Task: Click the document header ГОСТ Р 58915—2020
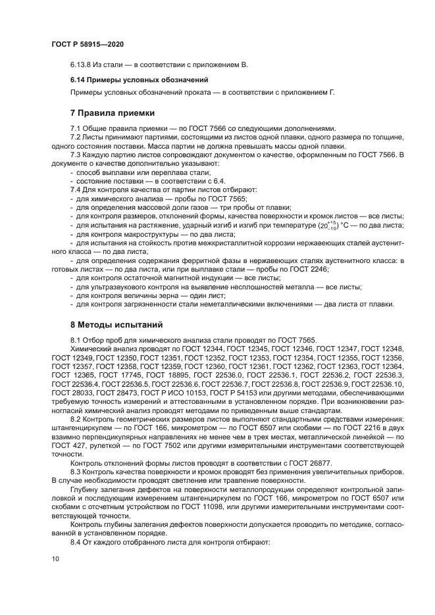tap(87, 44)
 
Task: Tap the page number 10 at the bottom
tap(55, 559)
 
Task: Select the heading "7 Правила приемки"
tap(112, 112)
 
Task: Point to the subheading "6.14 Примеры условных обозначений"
tap(139, 80)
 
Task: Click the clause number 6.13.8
tap(82, 64)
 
